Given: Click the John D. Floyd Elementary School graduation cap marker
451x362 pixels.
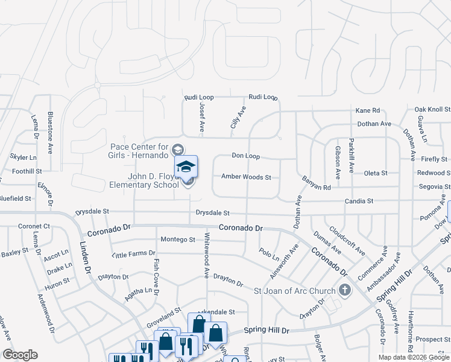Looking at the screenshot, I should coord(186,167).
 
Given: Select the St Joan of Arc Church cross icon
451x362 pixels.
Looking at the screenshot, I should coord(344,291).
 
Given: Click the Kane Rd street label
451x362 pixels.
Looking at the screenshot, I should coord(368,110).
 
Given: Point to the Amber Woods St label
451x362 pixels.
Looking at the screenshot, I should coord(246,177).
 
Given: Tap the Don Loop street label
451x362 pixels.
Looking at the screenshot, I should coord(245,156).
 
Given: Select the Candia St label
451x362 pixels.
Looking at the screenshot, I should coord(359,200).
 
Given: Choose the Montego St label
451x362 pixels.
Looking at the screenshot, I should coord(177,240).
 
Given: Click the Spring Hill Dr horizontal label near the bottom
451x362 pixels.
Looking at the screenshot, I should coord(266,331).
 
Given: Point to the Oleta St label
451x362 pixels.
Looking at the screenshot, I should coord(376,173).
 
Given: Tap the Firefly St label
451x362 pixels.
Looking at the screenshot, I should coord(434,159).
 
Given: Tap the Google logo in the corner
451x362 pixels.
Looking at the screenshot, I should coord(19,355).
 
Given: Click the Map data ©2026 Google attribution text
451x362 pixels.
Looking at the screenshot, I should coord(414,357).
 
